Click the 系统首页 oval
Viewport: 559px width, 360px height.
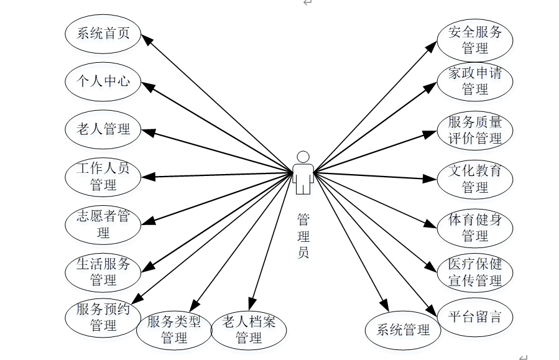103,34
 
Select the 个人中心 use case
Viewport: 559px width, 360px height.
103,81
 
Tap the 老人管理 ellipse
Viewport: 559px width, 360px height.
103,129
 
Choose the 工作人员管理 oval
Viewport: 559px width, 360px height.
103,177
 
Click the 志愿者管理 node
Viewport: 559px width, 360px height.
103,224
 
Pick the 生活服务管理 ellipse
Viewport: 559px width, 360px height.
103,272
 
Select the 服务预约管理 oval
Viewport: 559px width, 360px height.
103,317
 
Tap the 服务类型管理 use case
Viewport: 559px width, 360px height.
174,330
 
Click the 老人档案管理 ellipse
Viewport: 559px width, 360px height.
249,330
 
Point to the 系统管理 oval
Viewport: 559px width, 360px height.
403,330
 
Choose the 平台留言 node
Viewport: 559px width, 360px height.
475,317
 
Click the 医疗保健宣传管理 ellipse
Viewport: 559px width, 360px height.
475,272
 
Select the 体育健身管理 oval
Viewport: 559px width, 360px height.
475,228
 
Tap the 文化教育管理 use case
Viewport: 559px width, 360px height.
475,179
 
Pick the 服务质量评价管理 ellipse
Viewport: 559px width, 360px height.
475,130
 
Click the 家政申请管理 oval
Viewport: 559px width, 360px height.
475,81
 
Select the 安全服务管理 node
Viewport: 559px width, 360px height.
475,39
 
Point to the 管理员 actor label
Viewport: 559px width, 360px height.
303,236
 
